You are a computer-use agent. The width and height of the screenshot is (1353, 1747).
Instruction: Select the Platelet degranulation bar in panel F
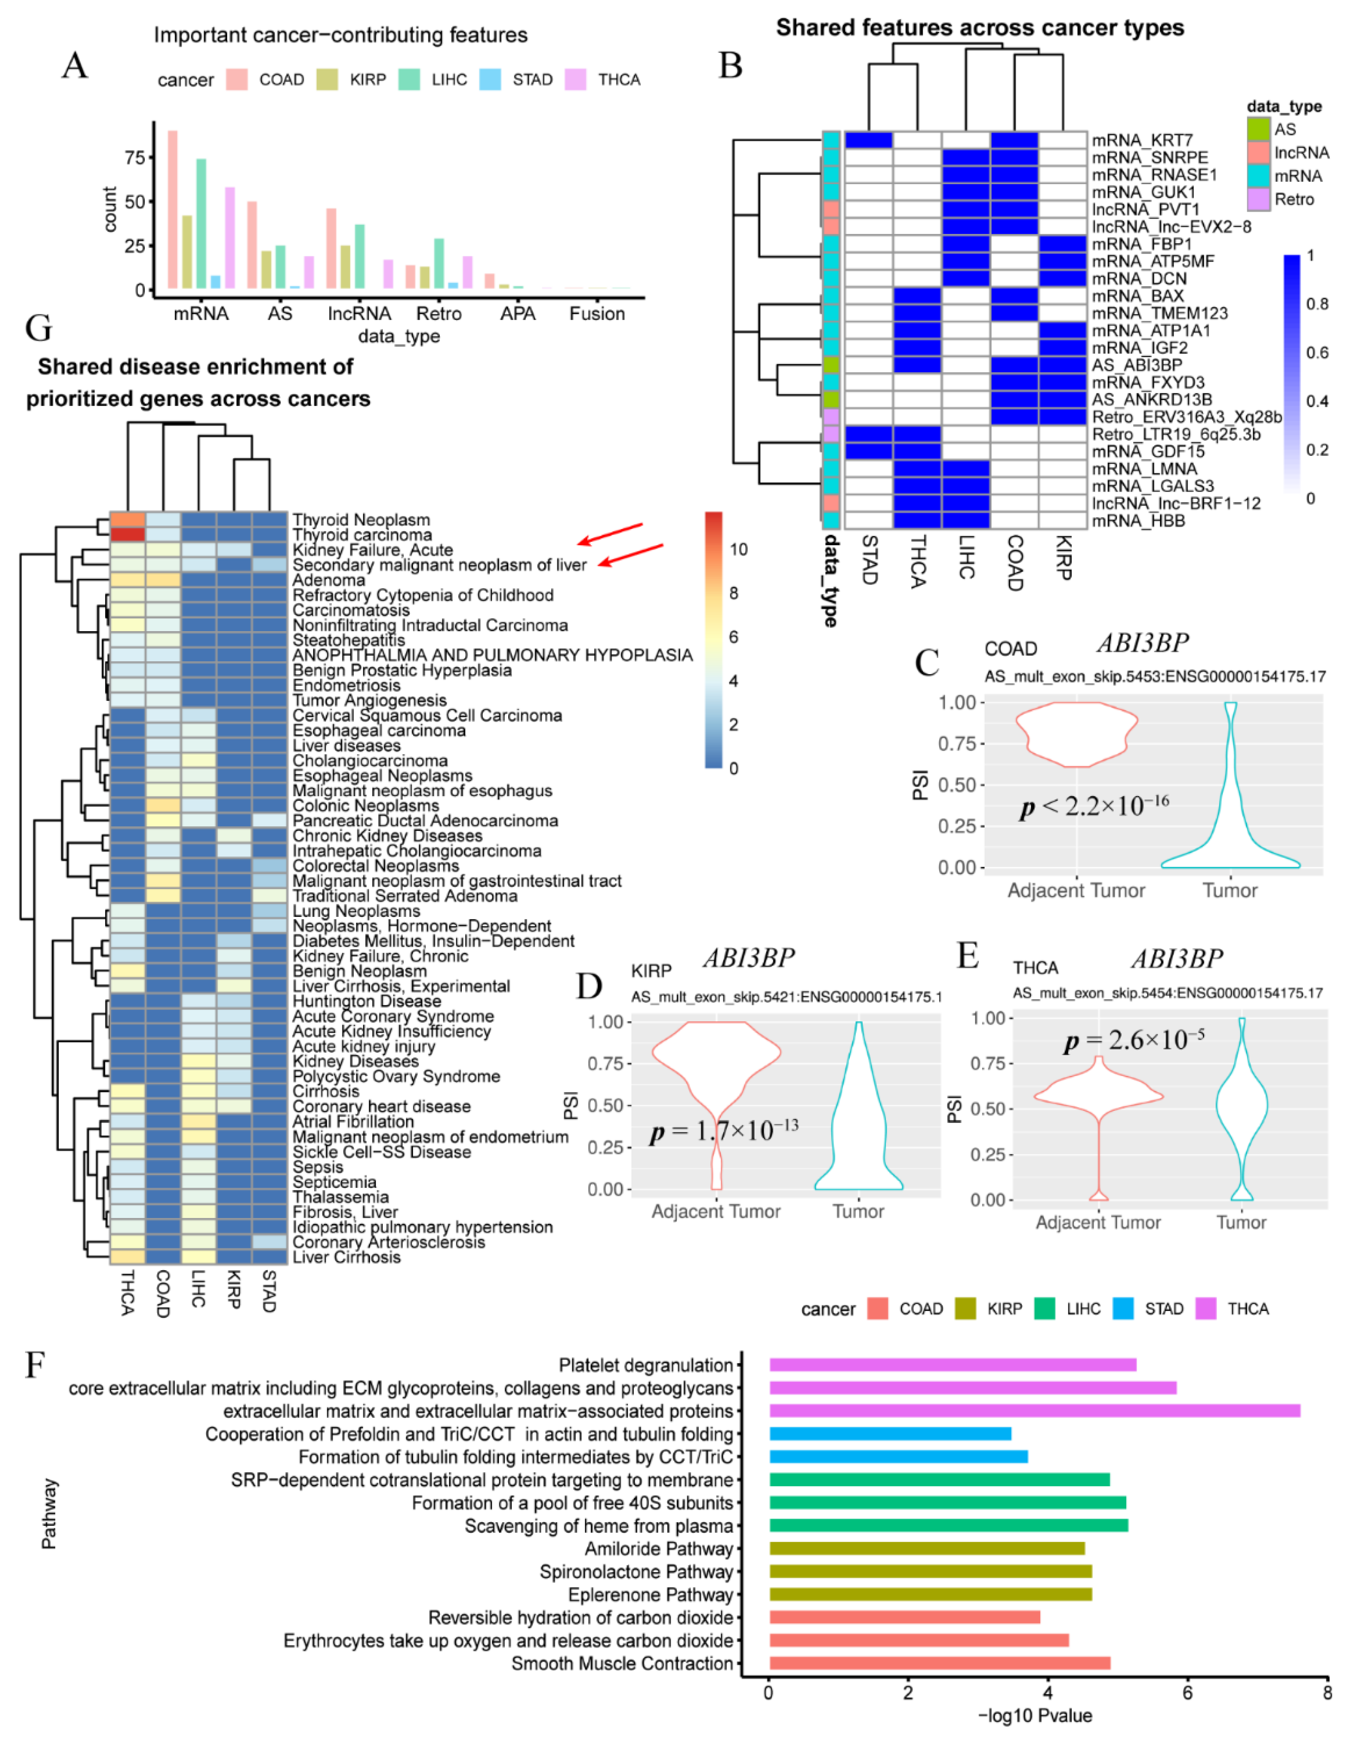click(952, 1365)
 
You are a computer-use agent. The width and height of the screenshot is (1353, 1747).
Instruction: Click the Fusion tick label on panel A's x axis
click(597, 313)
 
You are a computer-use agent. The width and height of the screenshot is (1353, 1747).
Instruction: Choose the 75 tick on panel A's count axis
click(134, 158)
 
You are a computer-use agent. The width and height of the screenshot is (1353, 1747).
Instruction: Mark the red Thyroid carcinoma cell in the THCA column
click(127, 534)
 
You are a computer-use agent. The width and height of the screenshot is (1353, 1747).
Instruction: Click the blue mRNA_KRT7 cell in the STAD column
click(868, 140)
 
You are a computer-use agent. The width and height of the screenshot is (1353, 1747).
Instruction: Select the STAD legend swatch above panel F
click(1122, 1309)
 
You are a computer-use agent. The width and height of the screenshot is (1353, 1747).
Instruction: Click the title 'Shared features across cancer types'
click(980, 28)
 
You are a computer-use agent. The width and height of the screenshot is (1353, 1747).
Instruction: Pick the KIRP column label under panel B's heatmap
click(1063, 558)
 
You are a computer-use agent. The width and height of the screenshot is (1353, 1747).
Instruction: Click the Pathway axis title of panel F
click(50, 1514)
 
